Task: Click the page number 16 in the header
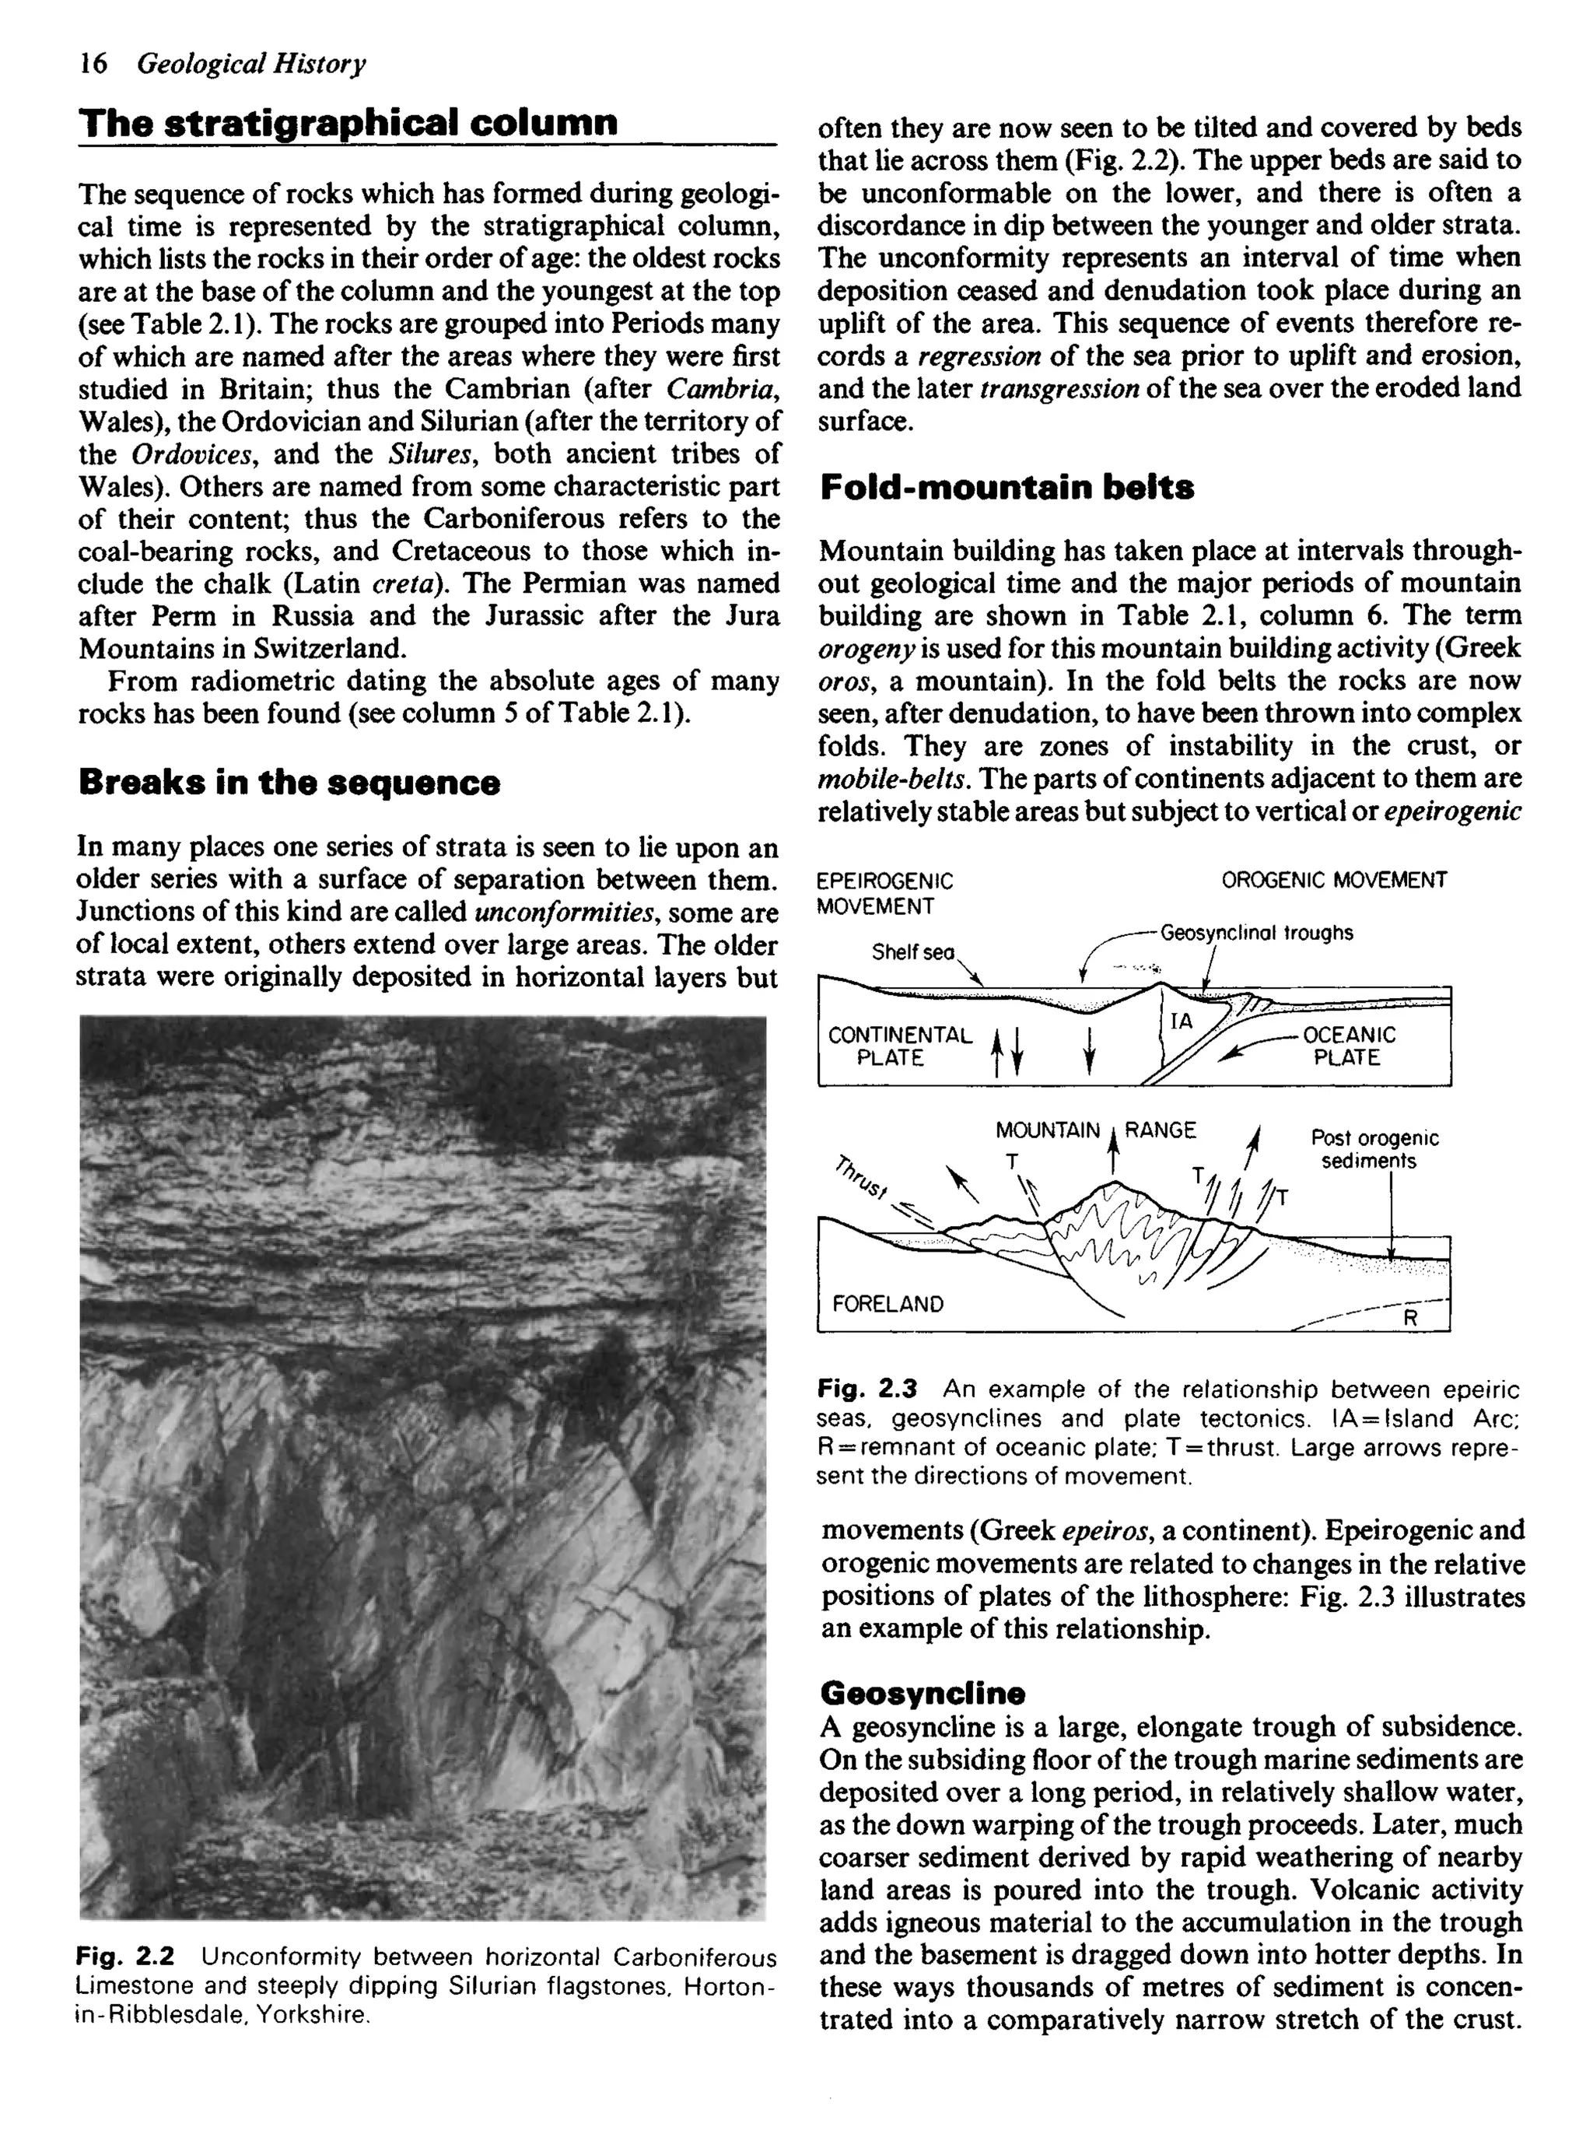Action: pyautogui.click(x=93, y=64)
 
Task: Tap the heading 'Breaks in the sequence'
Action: pyautogui.click(x=289, y=782)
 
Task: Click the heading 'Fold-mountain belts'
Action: pyautogui.click(x=1007, y=488)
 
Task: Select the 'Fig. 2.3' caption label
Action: pyautogui.click(x=866, y=1389)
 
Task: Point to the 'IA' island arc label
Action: pyautogui.click(x=1182, y=1021)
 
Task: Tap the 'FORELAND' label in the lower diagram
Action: pyautogui.click(x=888, y=1305)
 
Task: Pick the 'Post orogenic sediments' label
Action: pyautogui.click(x=1374, y=1149)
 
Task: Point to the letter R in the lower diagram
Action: pyautogui.click(x=1409, y=1318)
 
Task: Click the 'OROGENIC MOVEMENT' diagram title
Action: pyautogui.click(x=1334, y=879)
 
